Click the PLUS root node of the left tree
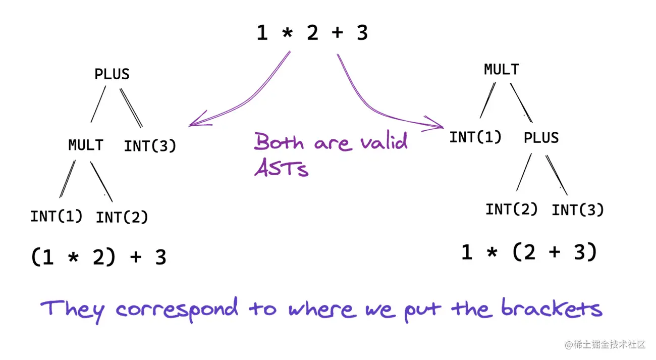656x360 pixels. click(112, 74)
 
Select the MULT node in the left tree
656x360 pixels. click(86, 145)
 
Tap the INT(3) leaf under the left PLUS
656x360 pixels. click(150, 146)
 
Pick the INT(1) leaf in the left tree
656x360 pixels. click(56, 216)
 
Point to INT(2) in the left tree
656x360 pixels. click(122, 218)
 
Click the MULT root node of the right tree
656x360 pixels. click(501, 69)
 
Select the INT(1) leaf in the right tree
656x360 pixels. click(475, 137)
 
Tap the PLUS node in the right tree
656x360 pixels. click(541, 138)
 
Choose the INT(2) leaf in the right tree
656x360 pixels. click(512, 209)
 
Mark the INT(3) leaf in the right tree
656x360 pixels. click(578, 210)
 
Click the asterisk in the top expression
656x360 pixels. click(287, 33)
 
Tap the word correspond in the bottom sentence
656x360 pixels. click(177, 309)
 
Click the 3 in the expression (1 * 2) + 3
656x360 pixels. click(160, 258)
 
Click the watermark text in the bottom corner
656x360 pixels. click(605, 345)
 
